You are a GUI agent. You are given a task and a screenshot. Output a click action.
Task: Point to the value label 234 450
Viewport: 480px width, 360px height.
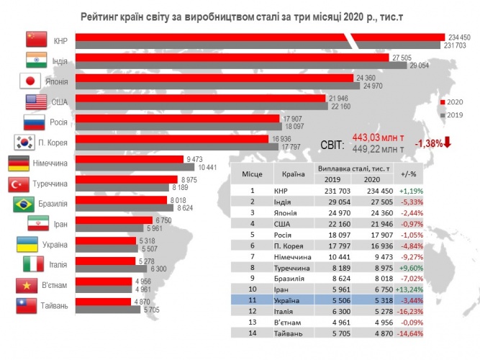pos(458,37)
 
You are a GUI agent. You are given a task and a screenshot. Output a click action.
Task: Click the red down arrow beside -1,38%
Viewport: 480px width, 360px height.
pos(448,142)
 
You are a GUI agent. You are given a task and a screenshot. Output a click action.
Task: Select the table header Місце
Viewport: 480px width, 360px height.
pos(252,174)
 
